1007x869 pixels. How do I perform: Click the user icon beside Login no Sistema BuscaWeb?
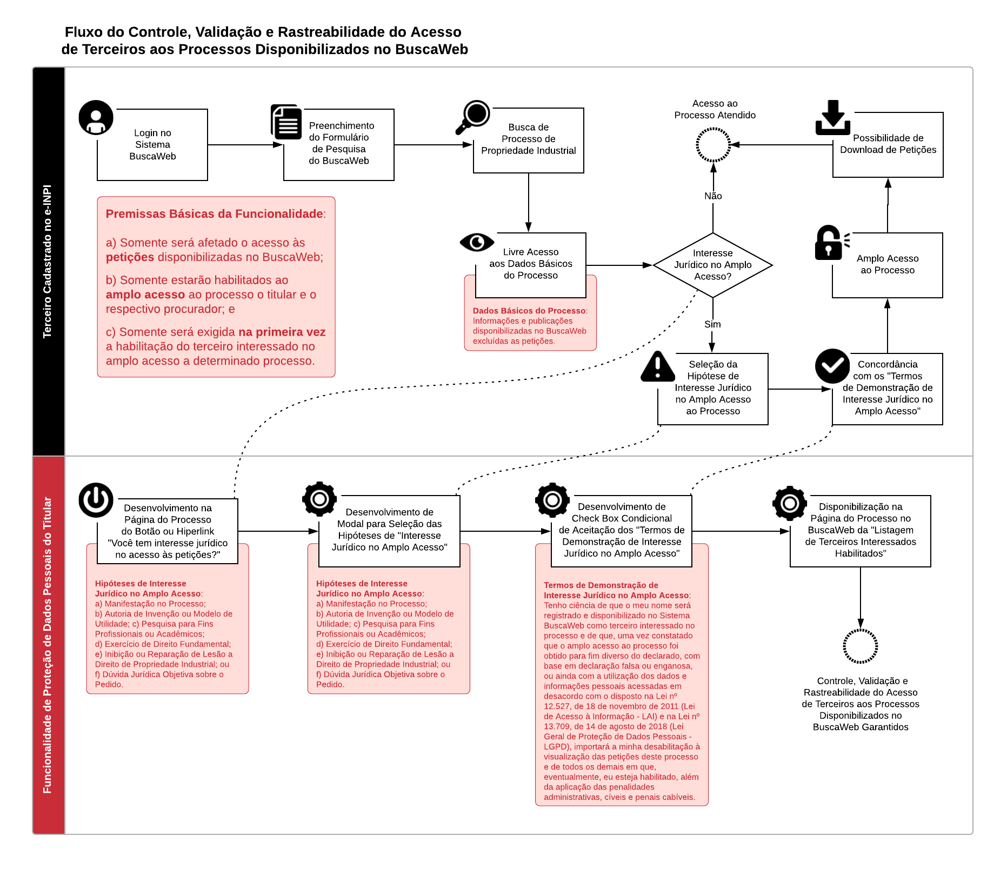click(x=96, y=117)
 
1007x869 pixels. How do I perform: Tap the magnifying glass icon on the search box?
click(x=474, y=116)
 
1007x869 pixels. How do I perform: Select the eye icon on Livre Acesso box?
click(x=477, y=242)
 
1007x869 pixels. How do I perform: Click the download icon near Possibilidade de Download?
click(x=832, y=117)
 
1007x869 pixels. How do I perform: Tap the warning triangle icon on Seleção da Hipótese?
click(x=657, y=367)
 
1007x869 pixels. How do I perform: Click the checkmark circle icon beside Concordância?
click(x=832, y=366)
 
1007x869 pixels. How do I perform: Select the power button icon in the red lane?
click(x=96, y=500)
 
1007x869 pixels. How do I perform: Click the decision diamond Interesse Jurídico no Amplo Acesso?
click(x=712, y=265)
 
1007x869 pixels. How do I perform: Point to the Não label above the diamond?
click(x=713, y=196)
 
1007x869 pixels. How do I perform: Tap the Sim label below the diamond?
click(x=712, y=324)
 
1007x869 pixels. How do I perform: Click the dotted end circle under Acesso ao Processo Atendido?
click(x=713, y=145)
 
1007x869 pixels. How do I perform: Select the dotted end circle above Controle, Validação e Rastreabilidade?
click(x=860, y=646)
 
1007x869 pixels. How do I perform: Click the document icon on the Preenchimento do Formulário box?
click(x=286, y=122)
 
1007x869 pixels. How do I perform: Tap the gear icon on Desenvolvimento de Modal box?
click(x=319, y=499)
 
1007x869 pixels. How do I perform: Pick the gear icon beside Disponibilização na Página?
click(x=789, y=504)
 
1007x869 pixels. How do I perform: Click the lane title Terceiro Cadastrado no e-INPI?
click(x=48, y=262)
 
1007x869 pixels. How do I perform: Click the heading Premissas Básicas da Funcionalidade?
click(x=214, y=214)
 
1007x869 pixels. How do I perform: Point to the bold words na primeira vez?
click(x=282, y=332)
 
